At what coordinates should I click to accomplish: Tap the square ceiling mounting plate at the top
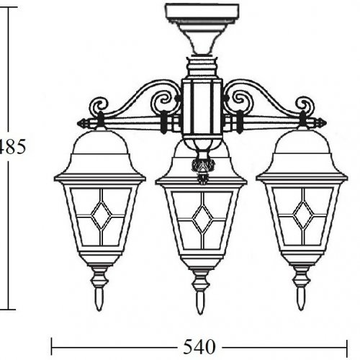[x=201, y=12]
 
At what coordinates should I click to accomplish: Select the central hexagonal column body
[x=201, y=108]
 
